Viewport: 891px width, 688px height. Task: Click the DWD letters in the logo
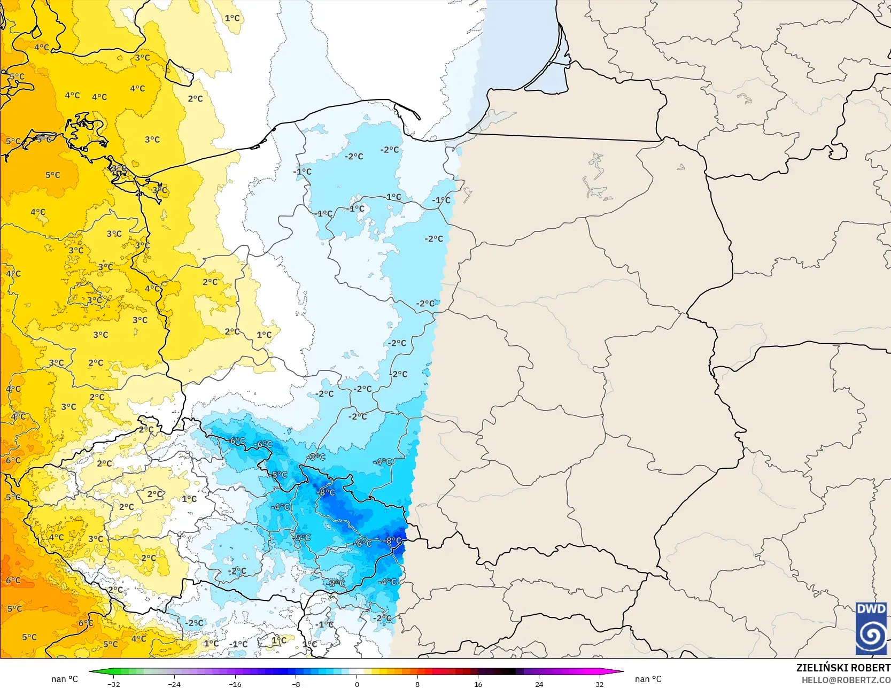871,609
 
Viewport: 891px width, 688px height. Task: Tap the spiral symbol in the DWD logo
871,635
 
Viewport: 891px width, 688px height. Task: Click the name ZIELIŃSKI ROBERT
843,668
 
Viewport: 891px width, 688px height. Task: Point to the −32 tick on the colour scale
113,684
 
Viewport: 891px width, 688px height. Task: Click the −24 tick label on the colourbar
174,684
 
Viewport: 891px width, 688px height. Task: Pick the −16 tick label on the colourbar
235,684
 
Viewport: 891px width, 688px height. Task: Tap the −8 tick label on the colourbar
296,684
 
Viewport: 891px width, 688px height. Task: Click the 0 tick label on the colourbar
357,684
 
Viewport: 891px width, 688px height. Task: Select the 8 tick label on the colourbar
417,684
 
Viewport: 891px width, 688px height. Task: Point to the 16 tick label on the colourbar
478,684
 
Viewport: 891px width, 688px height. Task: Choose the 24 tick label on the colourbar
539,684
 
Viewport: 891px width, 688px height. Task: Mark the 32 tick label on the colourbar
600,684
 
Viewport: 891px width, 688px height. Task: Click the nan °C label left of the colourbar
65,679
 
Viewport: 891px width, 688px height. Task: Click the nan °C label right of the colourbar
648,679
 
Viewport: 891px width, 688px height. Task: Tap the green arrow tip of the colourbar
91,672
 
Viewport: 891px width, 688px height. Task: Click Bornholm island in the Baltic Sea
179,72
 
